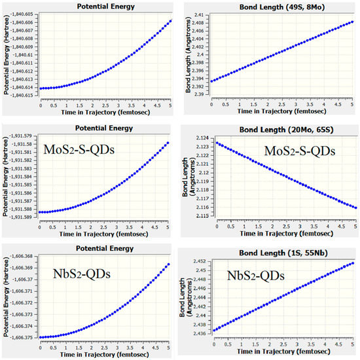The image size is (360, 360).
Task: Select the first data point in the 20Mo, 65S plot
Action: click(217, 143)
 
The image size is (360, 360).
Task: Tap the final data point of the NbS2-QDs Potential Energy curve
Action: click(169, 264)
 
